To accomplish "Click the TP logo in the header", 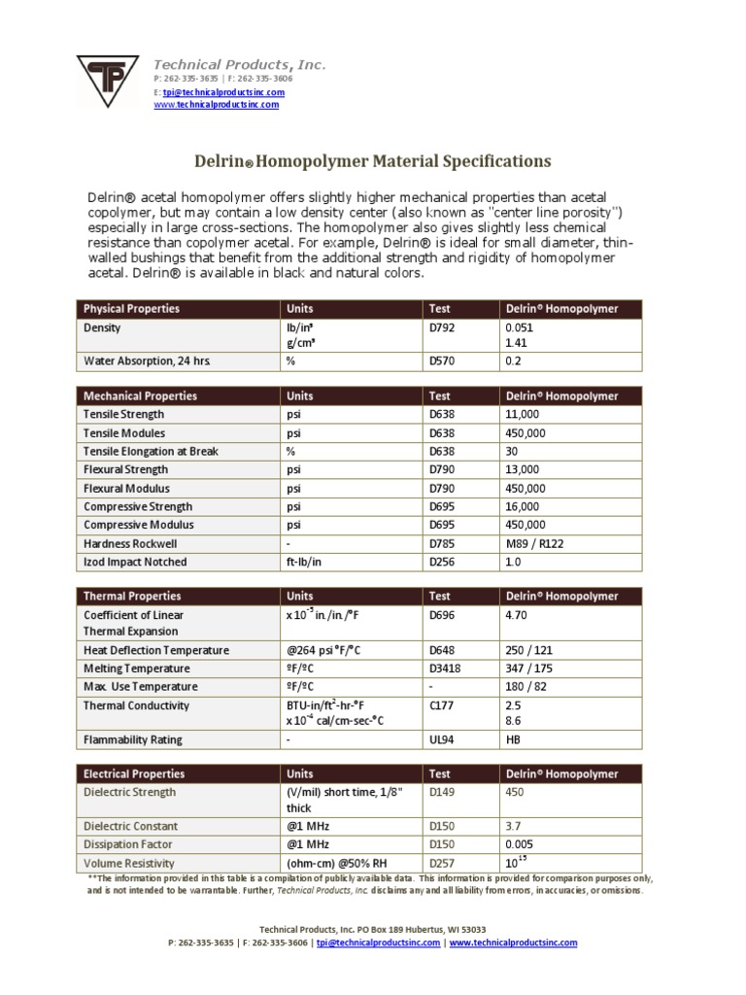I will pyautogui.click(x=107, y=84).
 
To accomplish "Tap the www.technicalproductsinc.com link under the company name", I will pyautogui.click(x=217, y=104).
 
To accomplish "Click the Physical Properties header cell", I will pyautogui.click(x=131, y=309).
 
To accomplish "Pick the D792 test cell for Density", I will pyautogui.click(x=441, y=328).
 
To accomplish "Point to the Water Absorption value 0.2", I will pyautogui.click(x=513, y=361).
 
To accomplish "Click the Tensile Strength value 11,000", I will pyautogui.click(x=522, y=415).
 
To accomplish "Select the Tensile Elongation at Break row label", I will pyautogui.click(x=151, y=452).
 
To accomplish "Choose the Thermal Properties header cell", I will pyautogui.click(x=131, y=596).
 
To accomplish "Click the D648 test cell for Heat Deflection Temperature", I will pyautogui.click(x=441, y=650).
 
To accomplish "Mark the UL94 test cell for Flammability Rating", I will pyautogui.click(x=441, y=739).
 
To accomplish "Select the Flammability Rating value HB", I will pyautogui.click(x=513, y=739).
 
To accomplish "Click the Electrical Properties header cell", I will pyautogui.click(x=134, y=774).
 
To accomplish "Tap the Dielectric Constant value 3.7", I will pyautogui.click(x=513, y=826).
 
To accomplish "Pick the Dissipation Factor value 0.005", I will pyautogui.click(x=519, y=844).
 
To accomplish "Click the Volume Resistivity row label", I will pyautogui.click(x=129, y=863).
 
